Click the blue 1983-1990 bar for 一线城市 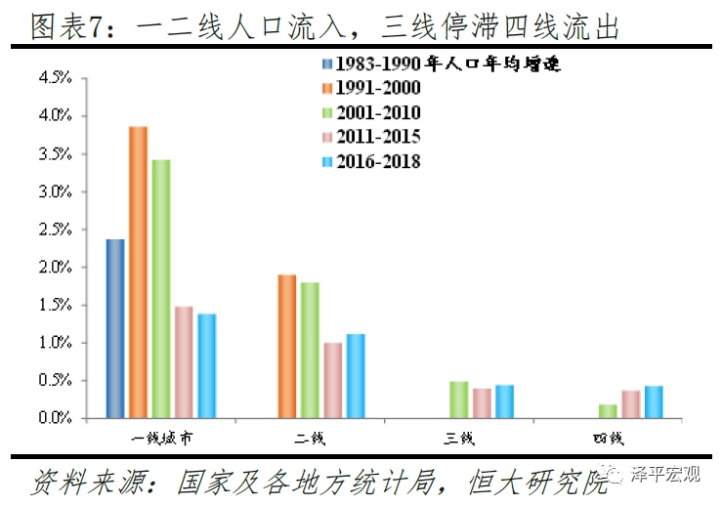pos(115,328)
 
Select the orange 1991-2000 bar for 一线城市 pos(139,273)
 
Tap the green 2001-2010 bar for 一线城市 pos(161,289)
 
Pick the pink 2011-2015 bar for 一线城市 pos(184,362)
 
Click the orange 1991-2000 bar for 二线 pos(287,347)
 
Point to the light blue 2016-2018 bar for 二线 pos(356,376)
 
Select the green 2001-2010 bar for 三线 pos(459,400)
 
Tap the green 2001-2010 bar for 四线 pos(608,411)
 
